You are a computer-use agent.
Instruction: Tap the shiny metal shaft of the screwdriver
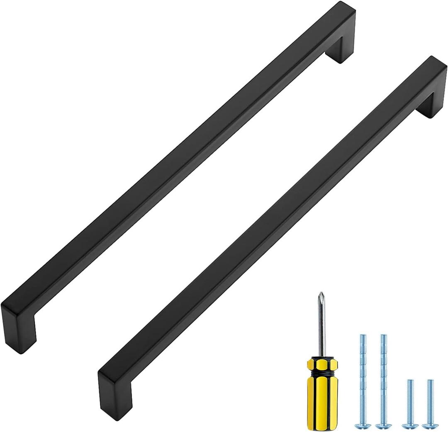pyautogui.click(x=320, y=327)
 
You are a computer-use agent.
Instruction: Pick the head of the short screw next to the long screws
pyautogui.click(x=409, y=425)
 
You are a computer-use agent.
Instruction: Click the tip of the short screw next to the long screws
pyautogui.click(x=409, y=381)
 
